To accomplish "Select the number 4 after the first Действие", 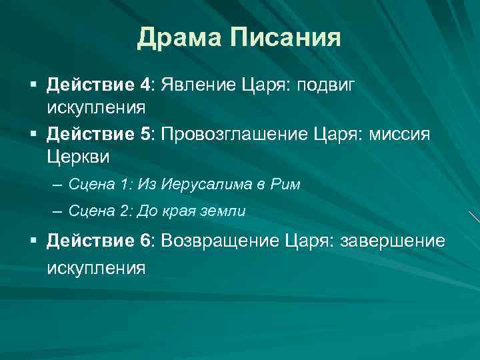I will [x=147, y=85].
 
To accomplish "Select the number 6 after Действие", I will [x=147, y=241].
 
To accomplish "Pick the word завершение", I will [x=393, y=241].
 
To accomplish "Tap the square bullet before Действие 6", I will [x=32, y=241].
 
